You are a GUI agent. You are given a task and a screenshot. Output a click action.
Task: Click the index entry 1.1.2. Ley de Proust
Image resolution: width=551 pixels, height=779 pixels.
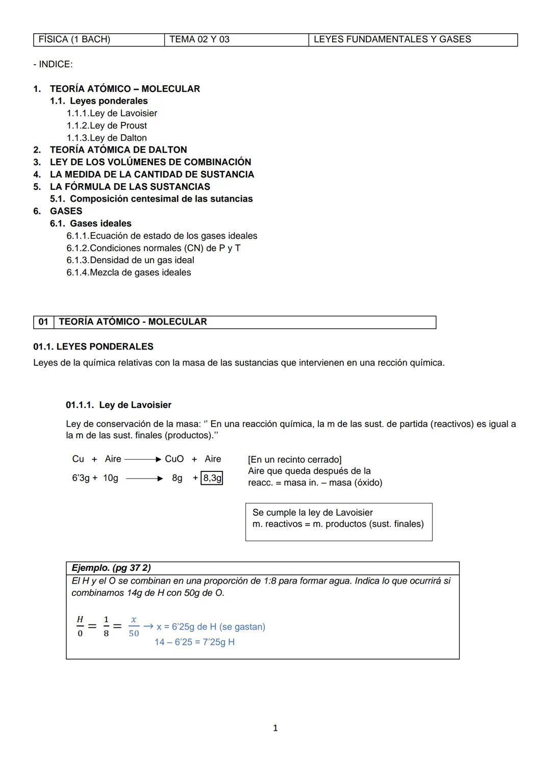click(x=107, y=125)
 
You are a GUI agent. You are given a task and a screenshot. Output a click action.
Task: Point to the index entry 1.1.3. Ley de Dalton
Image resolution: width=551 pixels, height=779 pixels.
click(x=107, y=138)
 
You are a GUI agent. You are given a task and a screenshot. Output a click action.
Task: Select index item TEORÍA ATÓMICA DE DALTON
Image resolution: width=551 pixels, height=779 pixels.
click(x=118, y=150)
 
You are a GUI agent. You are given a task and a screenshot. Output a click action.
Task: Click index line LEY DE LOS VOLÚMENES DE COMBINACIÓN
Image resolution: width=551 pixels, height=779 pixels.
click(x=150, y=162)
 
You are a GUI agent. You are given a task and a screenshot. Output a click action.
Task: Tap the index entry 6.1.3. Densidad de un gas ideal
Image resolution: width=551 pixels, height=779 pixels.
click(x=130, y=260)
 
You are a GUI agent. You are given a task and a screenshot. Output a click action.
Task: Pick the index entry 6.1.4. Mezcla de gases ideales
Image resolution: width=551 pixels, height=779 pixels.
click(x=129, y=272)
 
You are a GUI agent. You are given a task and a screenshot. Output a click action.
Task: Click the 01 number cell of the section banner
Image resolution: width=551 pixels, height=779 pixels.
click(x=43, y=322)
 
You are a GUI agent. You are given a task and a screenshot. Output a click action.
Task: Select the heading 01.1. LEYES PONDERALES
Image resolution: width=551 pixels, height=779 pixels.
click(x=93, y=347)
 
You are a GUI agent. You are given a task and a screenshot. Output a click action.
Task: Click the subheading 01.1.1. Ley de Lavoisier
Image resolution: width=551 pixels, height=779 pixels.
click(x=118, y=405)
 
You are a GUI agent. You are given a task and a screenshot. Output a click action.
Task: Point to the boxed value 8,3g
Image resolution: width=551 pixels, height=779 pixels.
click(x=212, y=478)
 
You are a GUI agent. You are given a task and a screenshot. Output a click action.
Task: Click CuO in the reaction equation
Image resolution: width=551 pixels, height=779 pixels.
click(x=174, y=459)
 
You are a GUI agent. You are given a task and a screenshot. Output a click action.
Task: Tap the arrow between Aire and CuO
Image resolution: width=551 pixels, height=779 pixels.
click(x=143, y=459)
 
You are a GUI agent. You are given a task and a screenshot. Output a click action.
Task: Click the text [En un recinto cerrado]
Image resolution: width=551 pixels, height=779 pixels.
click(x=294, y=460)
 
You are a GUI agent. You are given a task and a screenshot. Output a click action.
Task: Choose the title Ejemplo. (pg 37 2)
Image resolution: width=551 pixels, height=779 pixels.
click(x=111, y=568)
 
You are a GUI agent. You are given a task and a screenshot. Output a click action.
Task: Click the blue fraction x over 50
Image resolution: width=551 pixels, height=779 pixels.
click(x=134, y=626)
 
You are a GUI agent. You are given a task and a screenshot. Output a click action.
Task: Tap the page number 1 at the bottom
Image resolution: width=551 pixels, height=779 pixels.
click(x=275, y=728)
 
